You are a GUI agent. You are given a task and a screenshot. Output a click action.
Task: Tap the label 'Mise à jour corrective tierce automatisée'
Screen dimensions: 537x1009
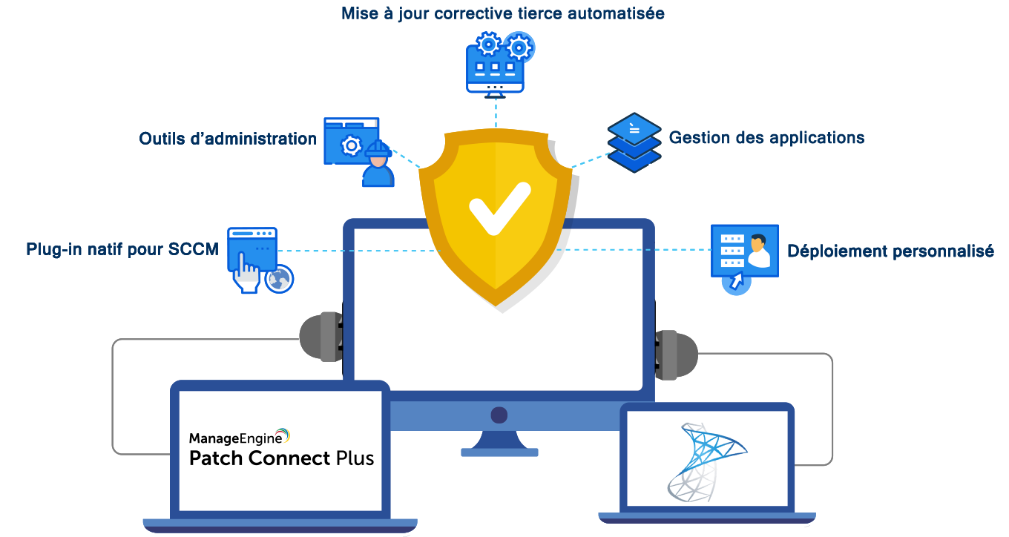tap(502, 14)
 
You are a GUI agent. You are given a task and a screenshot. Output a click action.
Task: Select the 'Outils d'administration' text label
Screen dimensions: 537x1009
tap(228, 139)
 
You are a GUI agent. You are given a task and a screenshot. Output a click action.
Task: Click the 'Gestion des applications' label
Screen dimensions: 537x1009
tap(766, 138)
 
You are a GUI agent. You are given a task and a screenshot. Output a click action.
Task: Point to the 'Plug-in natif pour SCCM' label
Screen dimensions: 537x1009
tap(122, 250)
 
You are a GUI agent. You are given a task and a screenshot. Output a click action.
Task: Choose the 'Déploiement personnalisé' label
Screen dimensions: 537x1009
tap(890, 251)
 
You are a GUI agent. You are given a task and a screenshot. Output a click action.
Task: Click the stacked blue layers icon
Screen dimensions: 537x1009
tap(634, 142)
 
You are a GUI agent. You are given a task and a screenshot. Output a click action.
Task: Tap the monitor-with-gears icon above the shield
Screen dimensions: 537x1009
tap(496, 65)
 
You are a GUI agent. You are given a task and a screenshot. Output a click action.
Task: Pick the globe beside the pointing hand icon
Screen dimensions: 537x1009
tap(280, 279)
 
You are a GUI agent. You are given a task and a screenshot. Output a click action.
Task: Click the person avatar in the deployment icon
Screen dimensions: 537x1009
tap(758, 251)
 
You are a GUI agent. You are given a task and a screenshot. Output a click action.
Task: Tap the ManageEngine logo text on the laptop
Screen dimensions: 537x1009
tap(239, 437)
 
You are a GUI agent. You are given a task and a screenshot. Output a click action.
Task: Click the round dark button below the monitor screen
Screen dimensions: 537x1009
tap(499, 415)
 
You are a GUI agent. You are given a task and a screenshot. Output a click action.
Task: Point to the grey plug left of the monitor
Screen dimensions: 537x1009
tap(320, 338)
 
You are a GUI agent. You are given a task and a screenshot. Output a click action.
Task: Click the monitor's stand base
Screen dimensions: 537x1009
tap(499, 452)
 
